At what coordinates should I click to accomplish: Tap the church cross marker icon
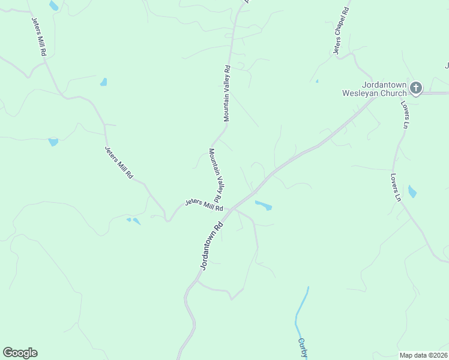point(416,88)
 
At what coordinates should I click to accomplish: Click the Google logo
point(20,353)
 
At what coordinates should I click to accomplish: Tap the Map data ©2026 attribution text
point(423,355)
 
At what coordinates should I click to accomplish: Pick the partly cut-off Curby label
point(303,348)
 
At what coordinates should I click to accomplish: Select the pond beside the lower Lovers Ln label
point(412,191)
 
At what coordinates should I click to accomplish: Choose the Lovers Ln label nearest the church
point(405,115)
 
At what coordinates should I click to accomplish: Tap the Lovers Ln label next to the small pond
point(395,188)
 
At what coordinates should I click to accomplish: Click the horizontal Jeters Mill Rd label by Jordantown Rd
point(204,205)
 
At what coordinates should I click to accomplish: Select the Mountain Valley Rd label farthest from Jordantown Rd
point(227,93)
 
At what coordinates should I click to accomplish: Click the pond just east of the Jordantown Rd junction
point(264,206)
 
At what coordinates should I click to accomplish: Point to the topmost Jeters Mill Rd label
point(39,36)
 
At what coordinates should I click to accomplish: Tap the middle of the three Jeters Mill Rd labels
point(119,163)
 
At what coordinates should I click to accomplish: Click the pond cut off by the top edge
point(54,5)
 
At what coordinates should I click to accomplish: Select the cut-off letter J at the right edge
point(447,65)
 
